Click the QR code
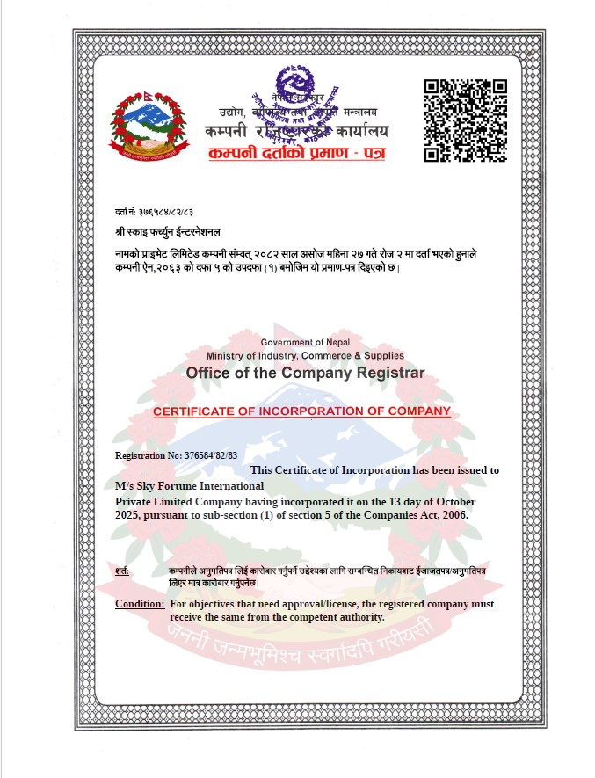(466, 120)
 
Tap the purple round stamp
(295, 105)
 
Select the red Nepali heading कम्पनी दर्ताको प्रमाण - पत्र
(296, 154)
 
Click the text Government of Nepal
(304, 342)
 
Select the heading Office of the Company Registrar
(304, 373)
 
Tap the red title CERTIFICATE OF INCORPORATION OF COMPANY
(301, 411)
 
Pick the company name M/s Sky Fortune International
(189, 486)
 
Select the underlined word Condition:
(140, 604)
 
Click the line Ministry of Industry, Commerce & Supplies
(305, 356)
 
